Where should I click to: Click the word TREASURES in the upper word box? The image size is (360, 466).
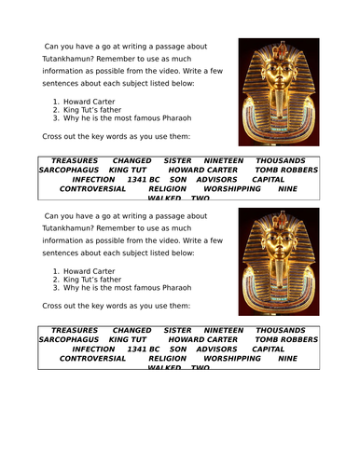(x=75, y=160)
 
